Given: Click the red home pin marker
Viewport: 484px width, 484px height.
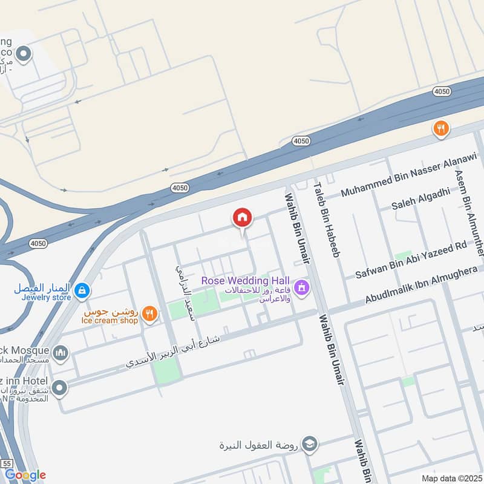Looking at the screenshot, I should point(243,218).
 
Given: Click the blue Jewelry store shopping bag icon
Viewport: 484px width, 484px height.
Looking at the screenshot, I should point(82,292).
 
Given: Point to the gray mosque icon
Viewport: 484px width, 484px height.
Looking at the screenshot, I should point(60,352).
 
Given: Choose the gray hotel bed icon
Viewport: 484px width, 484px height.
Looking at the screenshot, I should point(59,388).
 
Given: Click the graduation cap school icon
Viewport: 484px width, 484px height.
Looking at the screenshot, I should point(310,445).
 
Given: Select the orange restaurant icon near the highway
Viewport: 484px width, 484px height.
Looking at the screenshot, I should point(441,128).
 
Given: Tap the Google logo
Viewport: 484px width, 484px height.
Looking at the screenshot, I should point(25,475).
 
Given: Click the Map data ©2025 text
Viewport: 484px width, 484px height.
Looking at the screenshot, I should point(450,478).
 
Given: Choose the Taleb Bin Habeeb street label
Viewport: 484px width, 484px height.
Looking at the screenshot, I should point(325,220).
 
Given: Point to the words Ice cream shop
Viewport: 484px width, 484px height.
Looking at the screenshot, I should point(109,320).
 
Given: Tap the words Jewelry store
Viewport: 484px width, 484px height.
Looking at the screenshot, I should point(42,298).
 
